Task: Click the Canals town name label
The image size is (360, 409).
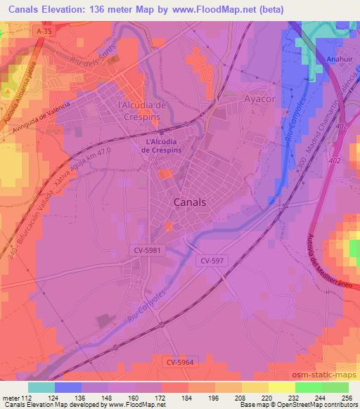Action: coord(189,202)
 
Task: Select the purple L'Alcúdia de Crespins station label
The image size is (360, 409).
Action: coord(162,146)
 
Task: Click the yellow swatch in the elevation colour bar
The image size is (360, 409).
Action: coord(281,387)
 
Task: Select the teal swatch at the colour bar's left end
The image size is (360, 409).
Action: coord(41,387)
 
